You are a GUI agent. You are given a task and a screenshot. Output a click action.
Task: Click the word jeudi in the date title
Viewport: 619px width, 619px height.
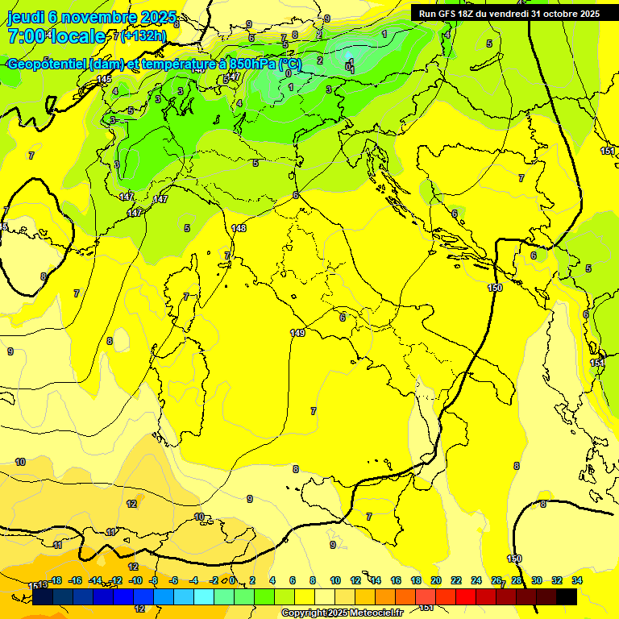24,17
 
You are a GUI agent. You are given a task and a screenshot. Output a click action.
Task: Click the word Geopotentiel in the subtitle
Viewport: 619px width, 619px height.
48,64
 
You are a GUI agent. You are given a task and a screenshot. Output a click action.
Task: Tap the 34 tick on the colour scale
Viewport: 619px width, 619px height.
577,580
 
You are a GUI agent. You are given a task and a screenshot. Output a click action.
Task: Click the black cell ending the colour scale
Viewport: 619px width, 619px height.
567,596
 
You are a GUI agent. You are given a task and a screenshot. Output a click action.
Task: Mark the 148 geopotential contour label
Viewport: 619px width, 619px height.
239,228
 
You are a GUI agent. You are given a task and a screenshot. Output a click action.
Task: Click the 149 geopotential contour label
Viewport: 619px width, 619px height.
297,333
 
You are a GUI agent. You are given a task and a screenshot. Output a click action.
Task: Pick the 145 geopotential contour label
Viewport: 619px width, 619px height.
104,79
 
